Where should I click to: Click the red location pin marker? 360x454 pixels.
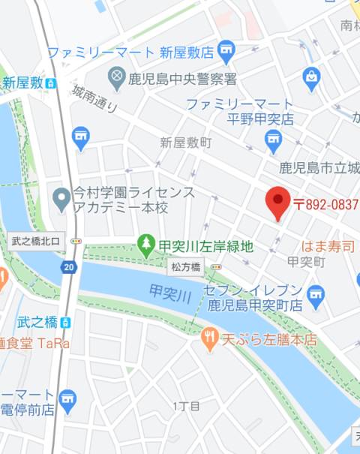(x=278, y=202)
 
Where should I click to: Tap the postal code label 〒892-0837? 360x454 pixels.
(x=325, y=203)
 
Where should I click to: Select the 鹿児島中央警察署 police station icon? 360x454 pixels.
(x=116, y=77)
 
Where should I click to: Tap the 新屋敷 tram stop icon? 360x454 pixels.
(x=50, y=83)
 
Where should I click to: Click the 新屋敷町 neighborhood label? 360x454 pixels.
(x=186, y=142)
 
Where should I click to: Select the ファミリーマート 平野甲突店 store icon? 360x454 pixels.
(x=274, y=137)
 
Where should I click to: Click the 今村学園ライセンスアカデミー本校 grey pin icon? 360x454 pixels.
(x=62, y=199)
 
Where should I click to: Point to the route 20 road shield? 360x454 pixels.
(x=69, y=267)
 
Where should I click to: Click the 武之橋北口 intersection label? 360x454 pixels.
(x=39, y=241)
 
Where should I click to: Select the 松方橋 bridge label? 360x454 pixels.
(x=185, y=266)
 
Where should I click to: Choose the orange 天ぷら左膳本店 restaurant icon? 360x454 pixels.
(x=209, y=339)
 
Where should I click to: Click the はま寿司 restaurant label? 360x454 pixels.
(x=328, y=245)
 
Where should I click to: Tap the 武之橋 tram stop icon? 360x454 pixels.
(x=66, y=322)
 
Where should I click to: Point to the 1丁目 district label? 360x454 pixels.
(x=186, y=406)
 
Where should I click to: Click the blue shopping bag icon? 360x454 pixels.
(x=311, y=76)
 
